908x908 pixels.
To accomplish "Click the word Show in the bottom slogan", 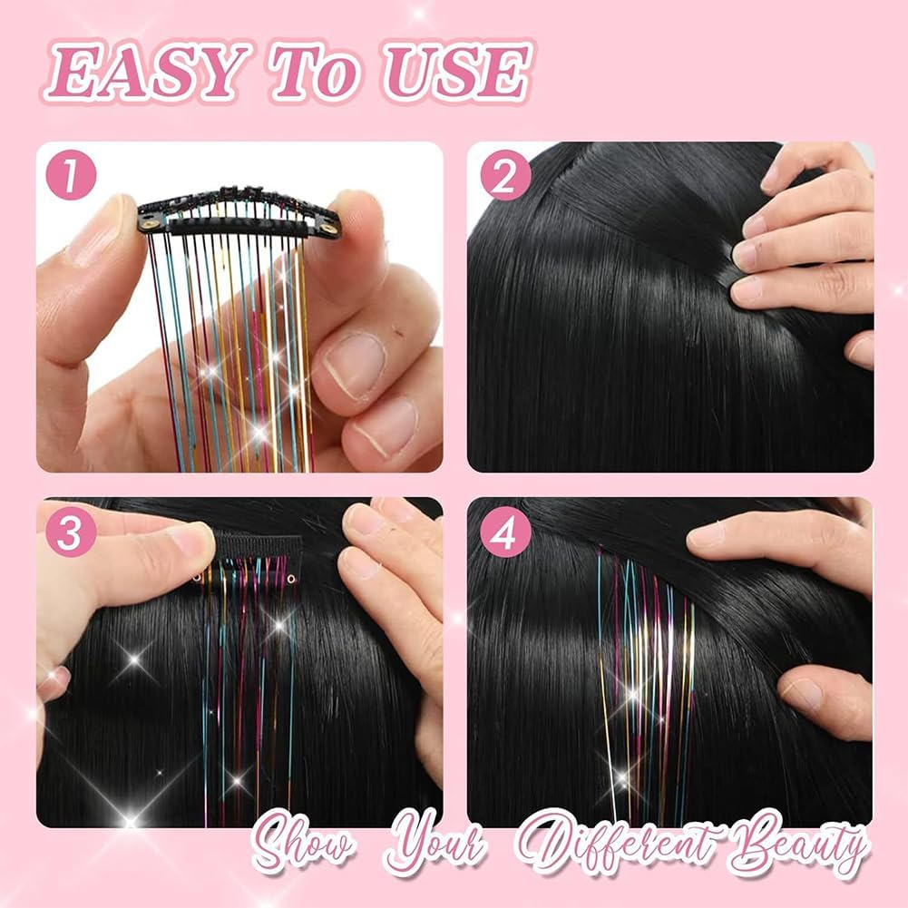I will [x=304, y=848].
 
